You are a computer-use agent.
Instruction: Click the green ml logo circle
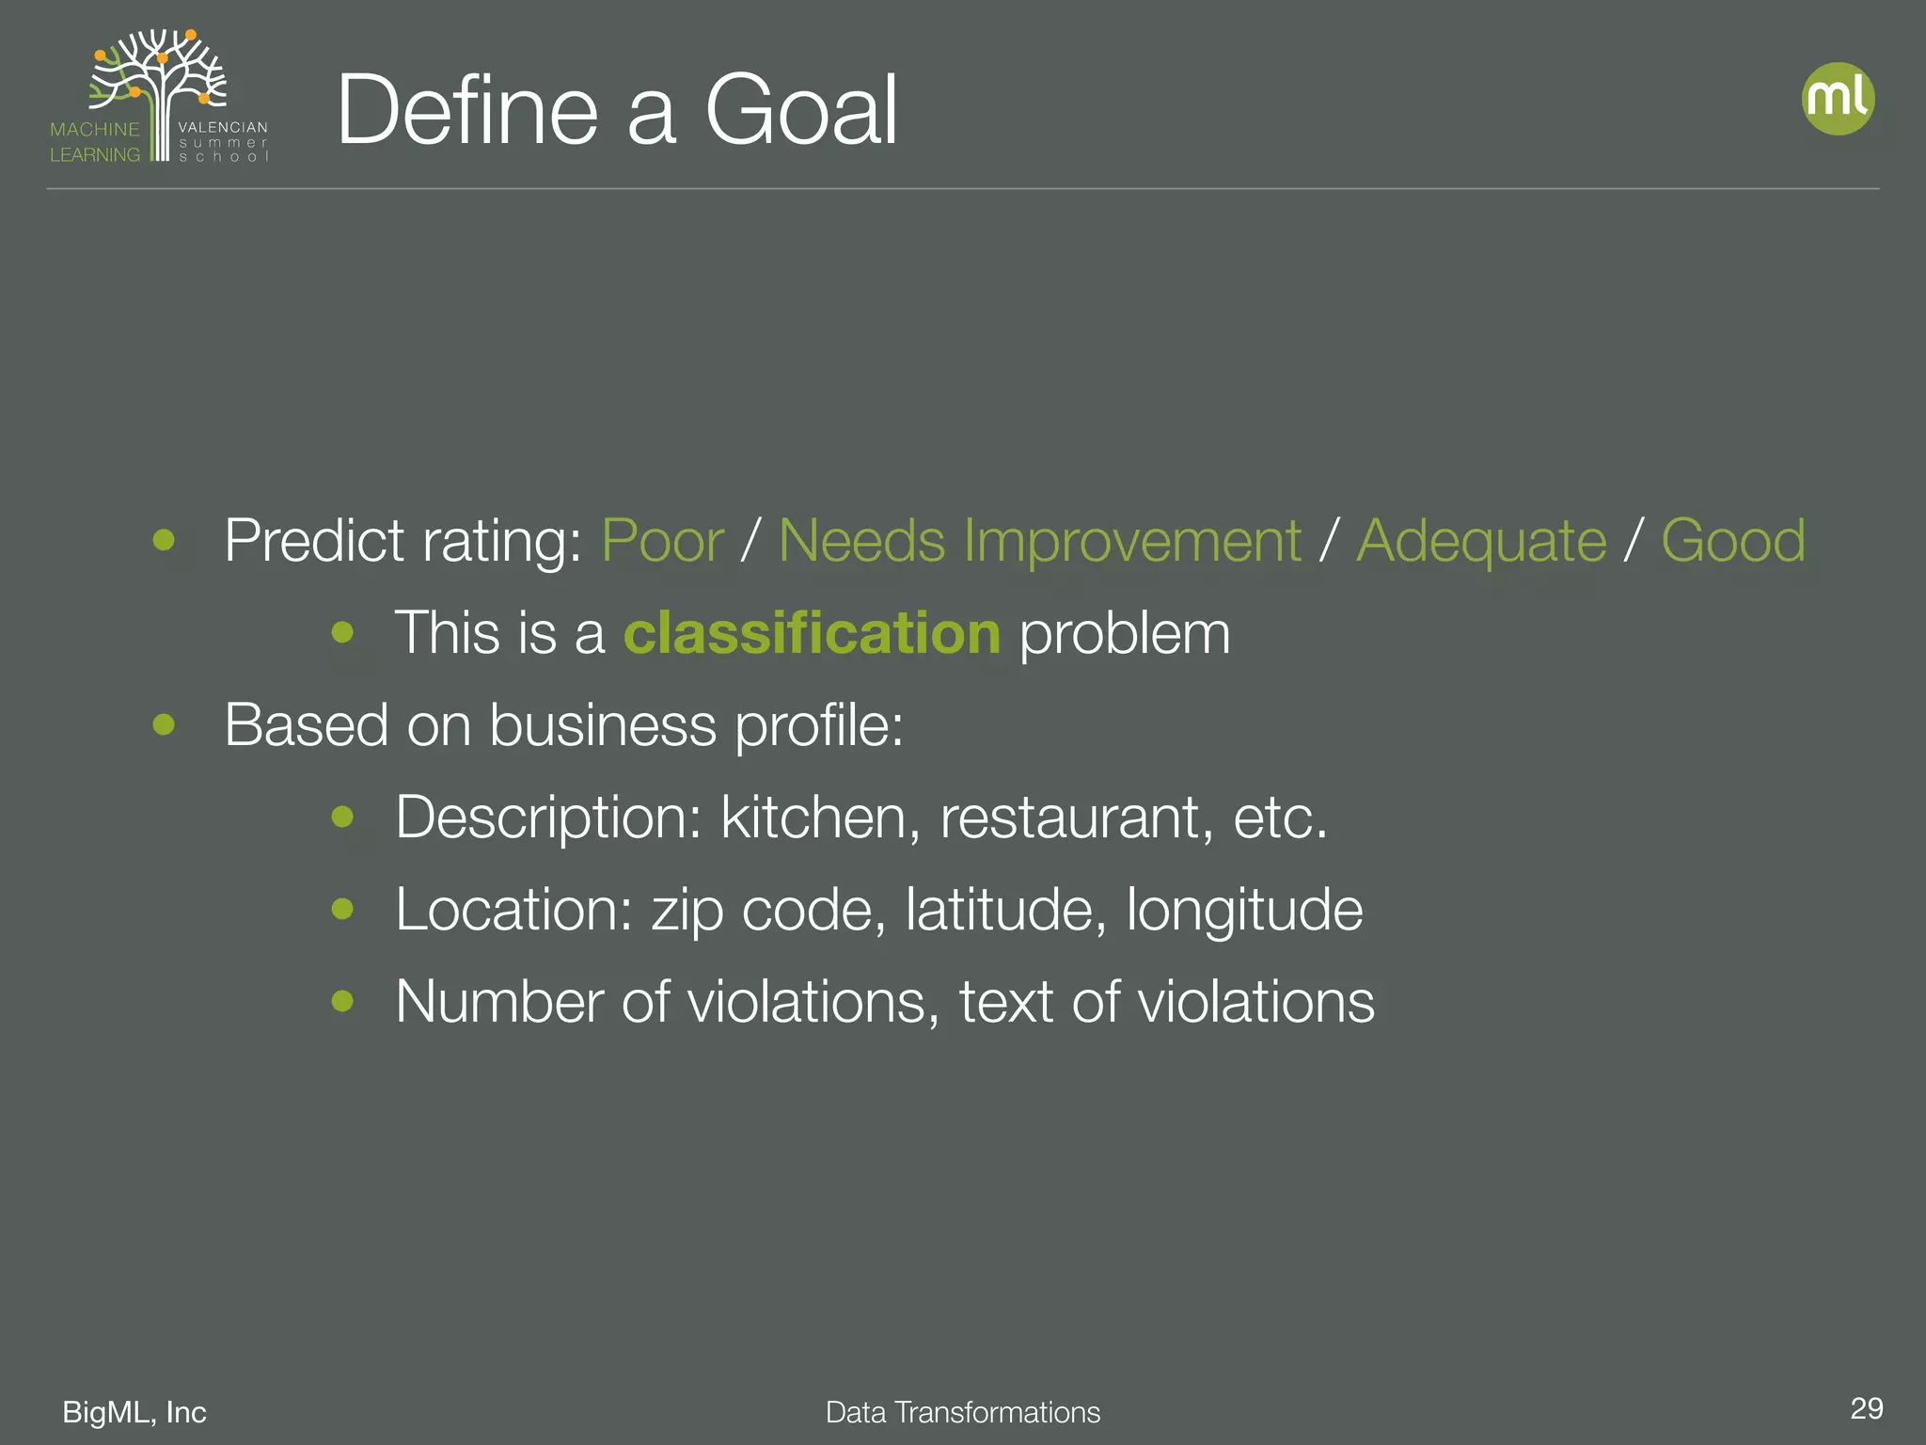click(x=1838, y=99)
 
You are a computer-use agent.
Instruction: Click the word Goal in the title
click(x=801, y=111)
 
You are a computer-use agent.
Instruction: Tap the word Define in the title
click(x=467, y=111)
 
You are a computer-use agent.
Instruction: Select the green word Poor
click(x=662, y=541)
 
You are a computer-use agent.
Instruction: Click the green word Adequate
click(x=1481, y=541)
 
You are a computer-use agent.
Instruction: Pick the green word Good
click(x=1732, y=541)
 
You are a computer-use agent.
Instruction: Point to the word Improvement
click(x=1132, y=541)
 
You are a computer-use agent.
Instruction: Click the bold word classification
click(x=812, y=632)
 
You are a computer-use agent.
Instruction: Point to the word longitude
click(x=1244, y=911)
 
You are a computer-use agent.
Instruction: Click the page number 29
click(x=1866, y=1408)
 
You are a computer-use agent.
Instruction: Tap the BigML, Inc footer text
click(x=134, y=1412)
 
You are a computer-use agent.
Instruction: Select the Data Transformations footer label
click(x=962, y=1412)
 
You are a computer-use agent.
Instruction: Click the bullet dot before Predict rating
click(x=165, y=540)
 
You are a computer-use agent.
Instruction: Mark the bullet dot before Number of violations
click(x=342, y=1000)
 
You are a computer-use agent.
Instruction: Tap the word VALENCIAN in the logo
click(x=223, y=127)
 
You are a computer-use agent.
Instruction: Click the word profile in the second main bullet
click(x=818, y=726)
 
